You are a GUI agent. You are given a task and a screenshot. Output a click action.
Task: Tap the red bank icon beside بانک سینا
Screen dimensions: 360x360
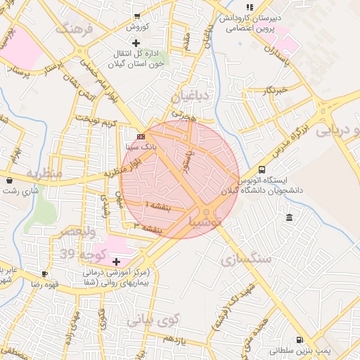pyautogui.click(x=141, y=136)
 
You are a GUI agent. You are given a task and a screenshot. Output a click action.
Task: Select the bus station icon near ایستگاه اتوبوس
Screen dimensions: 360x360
pyautogui.click(x=262, y=169)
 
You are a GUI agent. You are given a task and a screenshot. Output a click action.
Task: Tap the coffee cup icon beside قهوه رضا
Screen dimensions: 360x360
pyautogui.click(x=45, y=274)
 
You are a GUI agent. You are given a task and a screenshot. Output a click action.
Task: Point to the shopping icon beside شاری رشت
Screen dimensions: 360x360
pyautogui.click(x=8, y=181)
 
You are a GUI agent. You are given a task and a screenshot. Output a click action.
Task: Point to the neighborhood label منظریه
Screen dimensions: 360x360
pyautogui.click(x=45, y=173)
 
